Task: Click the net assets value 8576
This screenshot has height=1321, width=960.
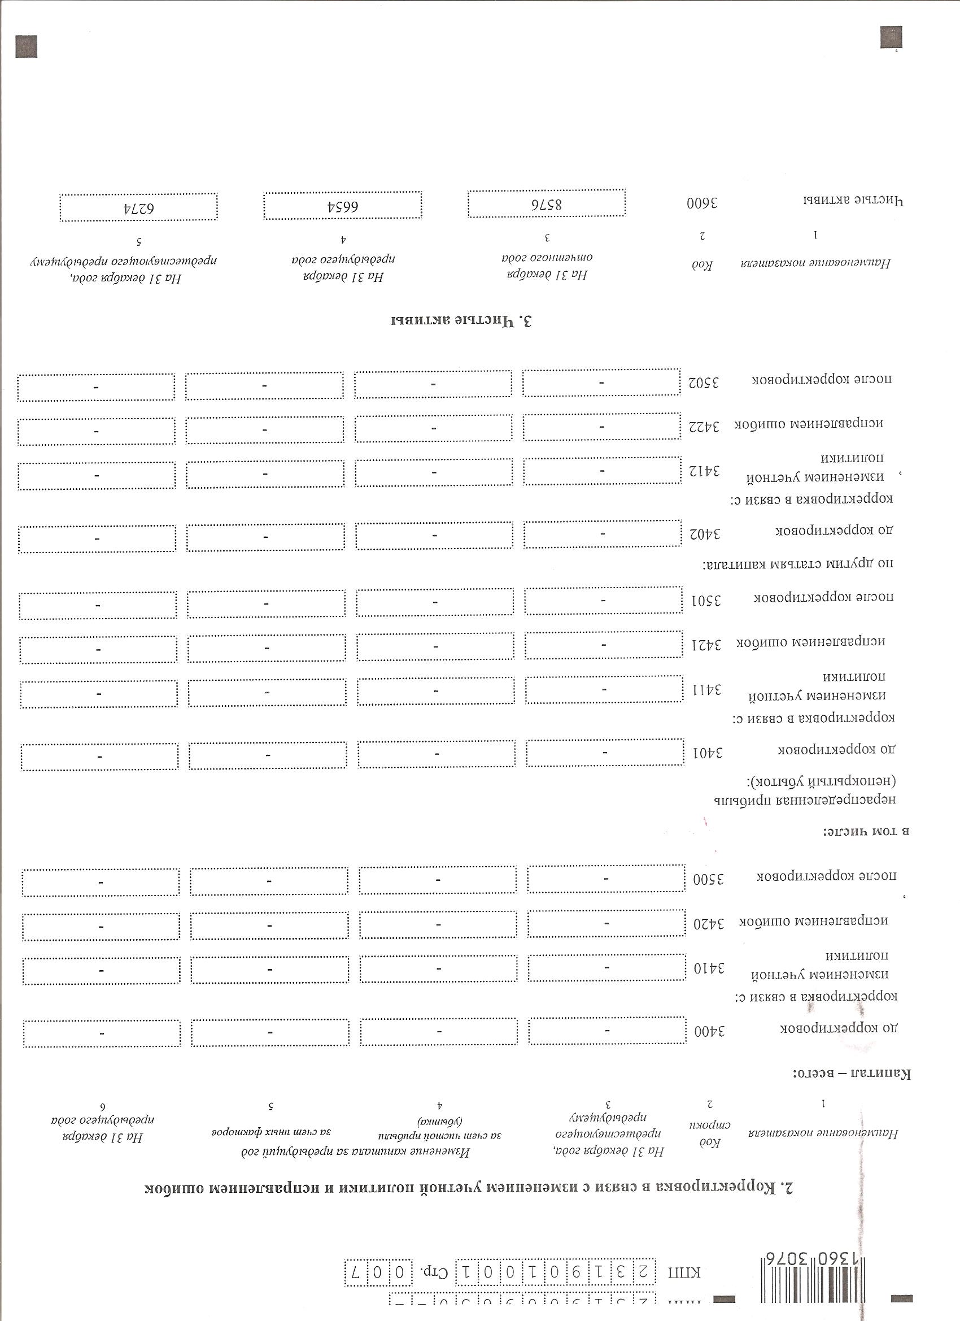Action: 547,205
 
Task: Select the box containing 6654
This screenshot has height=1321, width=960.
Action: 342,206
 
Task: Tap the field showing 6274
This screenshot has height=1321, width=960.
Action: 138,208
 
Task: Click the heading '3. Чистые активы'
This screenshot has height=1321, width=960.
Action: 462,320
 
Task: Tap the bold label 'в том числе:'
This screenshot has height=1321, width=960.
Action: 866,831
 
